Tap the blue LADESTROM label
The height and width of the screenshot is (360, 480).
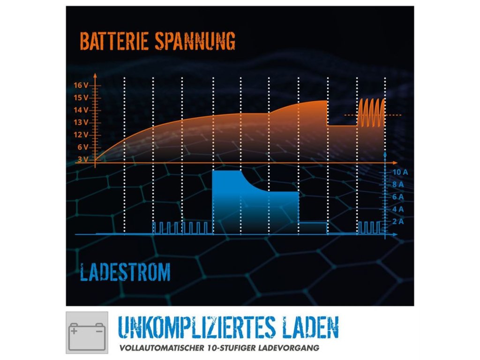click(x=125, y=272)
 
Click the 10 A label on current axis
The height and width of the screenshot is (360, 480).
click(x=400, y=172)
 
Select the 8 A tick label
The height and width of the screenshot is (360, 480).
click(x=398, y=184)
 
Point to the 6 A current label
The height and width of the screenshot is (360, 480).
click(x=398, y=196)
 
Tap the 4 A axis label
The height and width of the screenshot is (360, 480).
click(x=398, y=209)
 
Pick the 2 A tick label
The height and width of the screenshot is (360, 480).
click(x=398, y=221)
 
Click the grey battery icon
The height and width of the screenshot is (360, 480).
click(x=87, y=332)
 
